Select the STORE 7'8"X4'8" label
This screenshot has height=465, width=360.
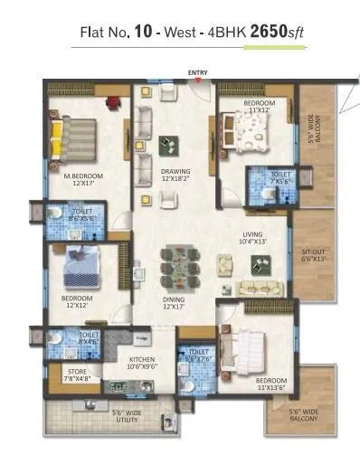click(x=77, y=375)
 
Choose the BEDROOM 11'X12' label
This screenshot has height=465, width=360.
click(x=260, y=108)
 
